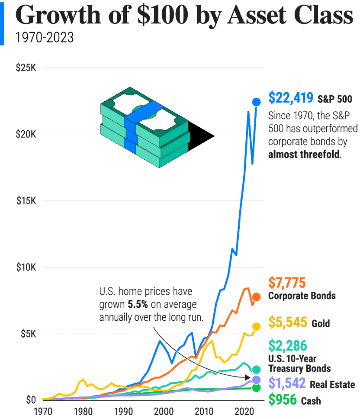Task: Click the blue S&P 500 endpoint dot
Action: click(257, 102)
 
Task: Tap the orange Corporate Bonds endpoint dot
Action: click(256, 297)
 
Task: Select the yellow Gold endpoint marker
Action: click(256, 327)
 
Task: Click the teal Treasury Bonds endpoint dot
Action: click(256, 369)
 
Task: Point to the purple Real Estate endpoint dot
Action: click(256, 380)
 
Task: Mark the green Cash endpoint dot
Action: click(256, 387)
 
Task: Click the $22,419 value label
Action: click(291, 98)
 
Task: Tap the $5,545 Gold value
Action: click(288, 322)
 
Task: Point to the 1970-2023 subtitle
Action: click(45, 38)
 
